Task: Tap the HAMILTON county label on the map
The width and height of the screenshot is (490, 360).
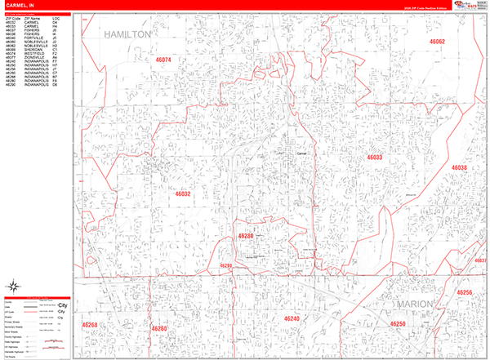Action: pos(128,35)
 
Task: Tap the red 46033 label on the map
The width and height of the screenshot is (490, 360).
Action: pos(375,157)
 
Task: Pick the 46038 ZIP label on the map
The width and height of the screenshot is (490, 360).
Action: pos(457,168)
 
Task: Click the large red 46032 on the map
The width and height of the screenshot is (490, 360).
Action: pos(181,194)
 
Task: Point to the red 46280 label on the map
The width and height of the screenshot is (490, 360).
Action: pos(246,235)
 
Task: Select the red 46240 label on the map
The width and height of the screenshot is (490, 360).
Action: pos(292,318)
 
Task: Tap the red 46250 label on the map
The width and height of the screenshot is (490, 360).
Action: pos(397,324)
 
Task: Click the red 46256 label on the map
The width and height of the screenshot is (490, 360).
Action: pos(464,292)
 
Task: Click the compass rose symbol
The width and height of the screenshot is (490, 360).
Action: pos(14,286)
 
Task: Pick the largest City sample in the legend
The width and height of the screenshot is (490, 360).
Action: pos(62,305)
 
